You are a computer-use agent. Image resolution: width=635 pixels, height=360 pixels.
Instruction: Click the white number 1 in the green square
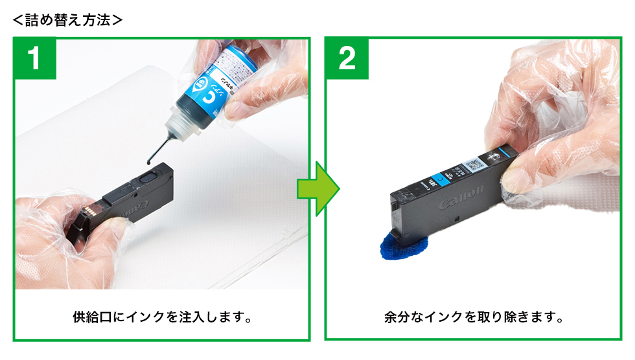pos(36,59)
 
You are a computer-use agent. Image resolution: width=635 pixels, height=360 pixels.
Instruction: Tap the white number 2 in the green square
pos(347,59)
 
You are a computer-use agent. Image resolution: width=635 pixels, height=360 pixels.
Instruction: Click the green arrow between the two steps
pos(317,188)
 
